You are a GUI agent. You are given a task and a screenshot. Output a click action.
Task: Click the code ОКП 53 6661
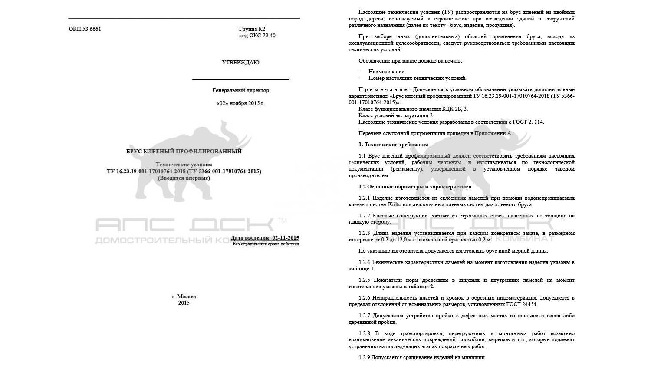85,29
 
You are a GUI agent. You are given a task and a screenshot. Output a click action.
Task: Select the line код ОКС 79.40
257,36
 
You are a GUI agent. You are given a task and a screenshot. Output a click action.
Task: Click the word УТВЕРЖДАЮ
240,63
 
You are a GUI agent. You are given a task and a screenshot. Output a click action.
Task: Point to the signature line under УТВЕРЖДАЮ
240,79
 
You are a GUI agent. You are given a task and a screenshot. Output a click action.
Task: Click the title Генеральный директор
240,90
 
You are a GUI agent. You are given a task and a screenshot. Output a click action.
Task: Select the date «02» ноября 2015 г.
240,103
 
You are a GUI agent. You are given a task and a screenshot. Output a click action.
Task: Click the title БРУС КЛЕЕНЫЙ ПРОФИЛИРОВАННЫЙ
184,152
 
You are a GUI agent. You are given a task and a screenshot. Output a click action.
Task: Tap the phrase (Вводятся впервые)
184,178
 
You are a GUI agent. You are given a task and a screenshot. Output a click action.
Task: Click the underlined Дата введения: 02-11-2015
265,238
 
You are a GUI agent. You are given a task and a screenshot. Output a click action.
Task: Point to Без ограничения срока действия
266,244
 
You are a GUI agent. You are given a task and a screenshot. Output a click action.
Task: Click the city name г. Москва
184,297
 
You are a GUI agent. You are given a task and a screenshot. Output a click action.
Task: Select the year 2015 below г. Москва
184,303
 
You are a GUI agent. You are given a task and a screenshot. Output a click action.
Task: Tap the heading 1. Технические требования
393,145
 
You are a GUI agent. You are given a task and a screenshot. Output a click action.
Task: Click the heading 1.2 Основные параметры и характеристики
415,187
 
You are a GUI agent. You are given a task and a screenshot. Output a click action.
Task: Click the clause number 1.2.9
365,357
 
